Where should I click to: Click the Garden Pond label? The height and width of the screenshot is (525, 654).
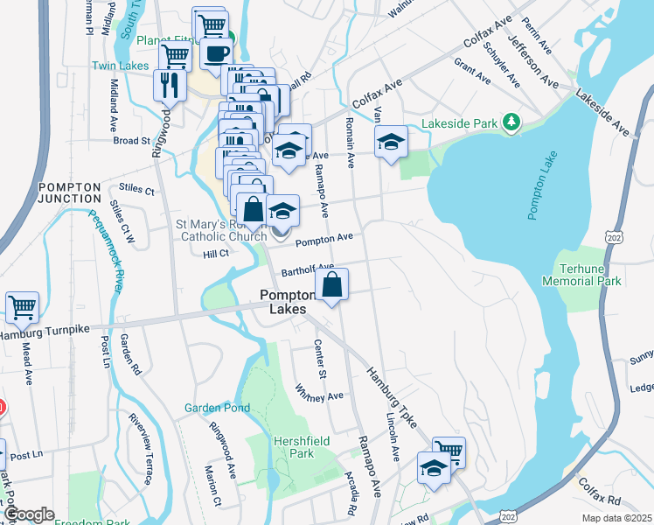[x=217, y=408]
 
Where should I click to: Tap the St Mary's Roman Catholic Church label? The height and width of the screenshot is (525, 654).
[x=224, y=230]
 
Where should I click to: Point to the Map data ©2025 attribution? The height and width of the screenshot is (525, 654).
[x=616, y=518]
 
